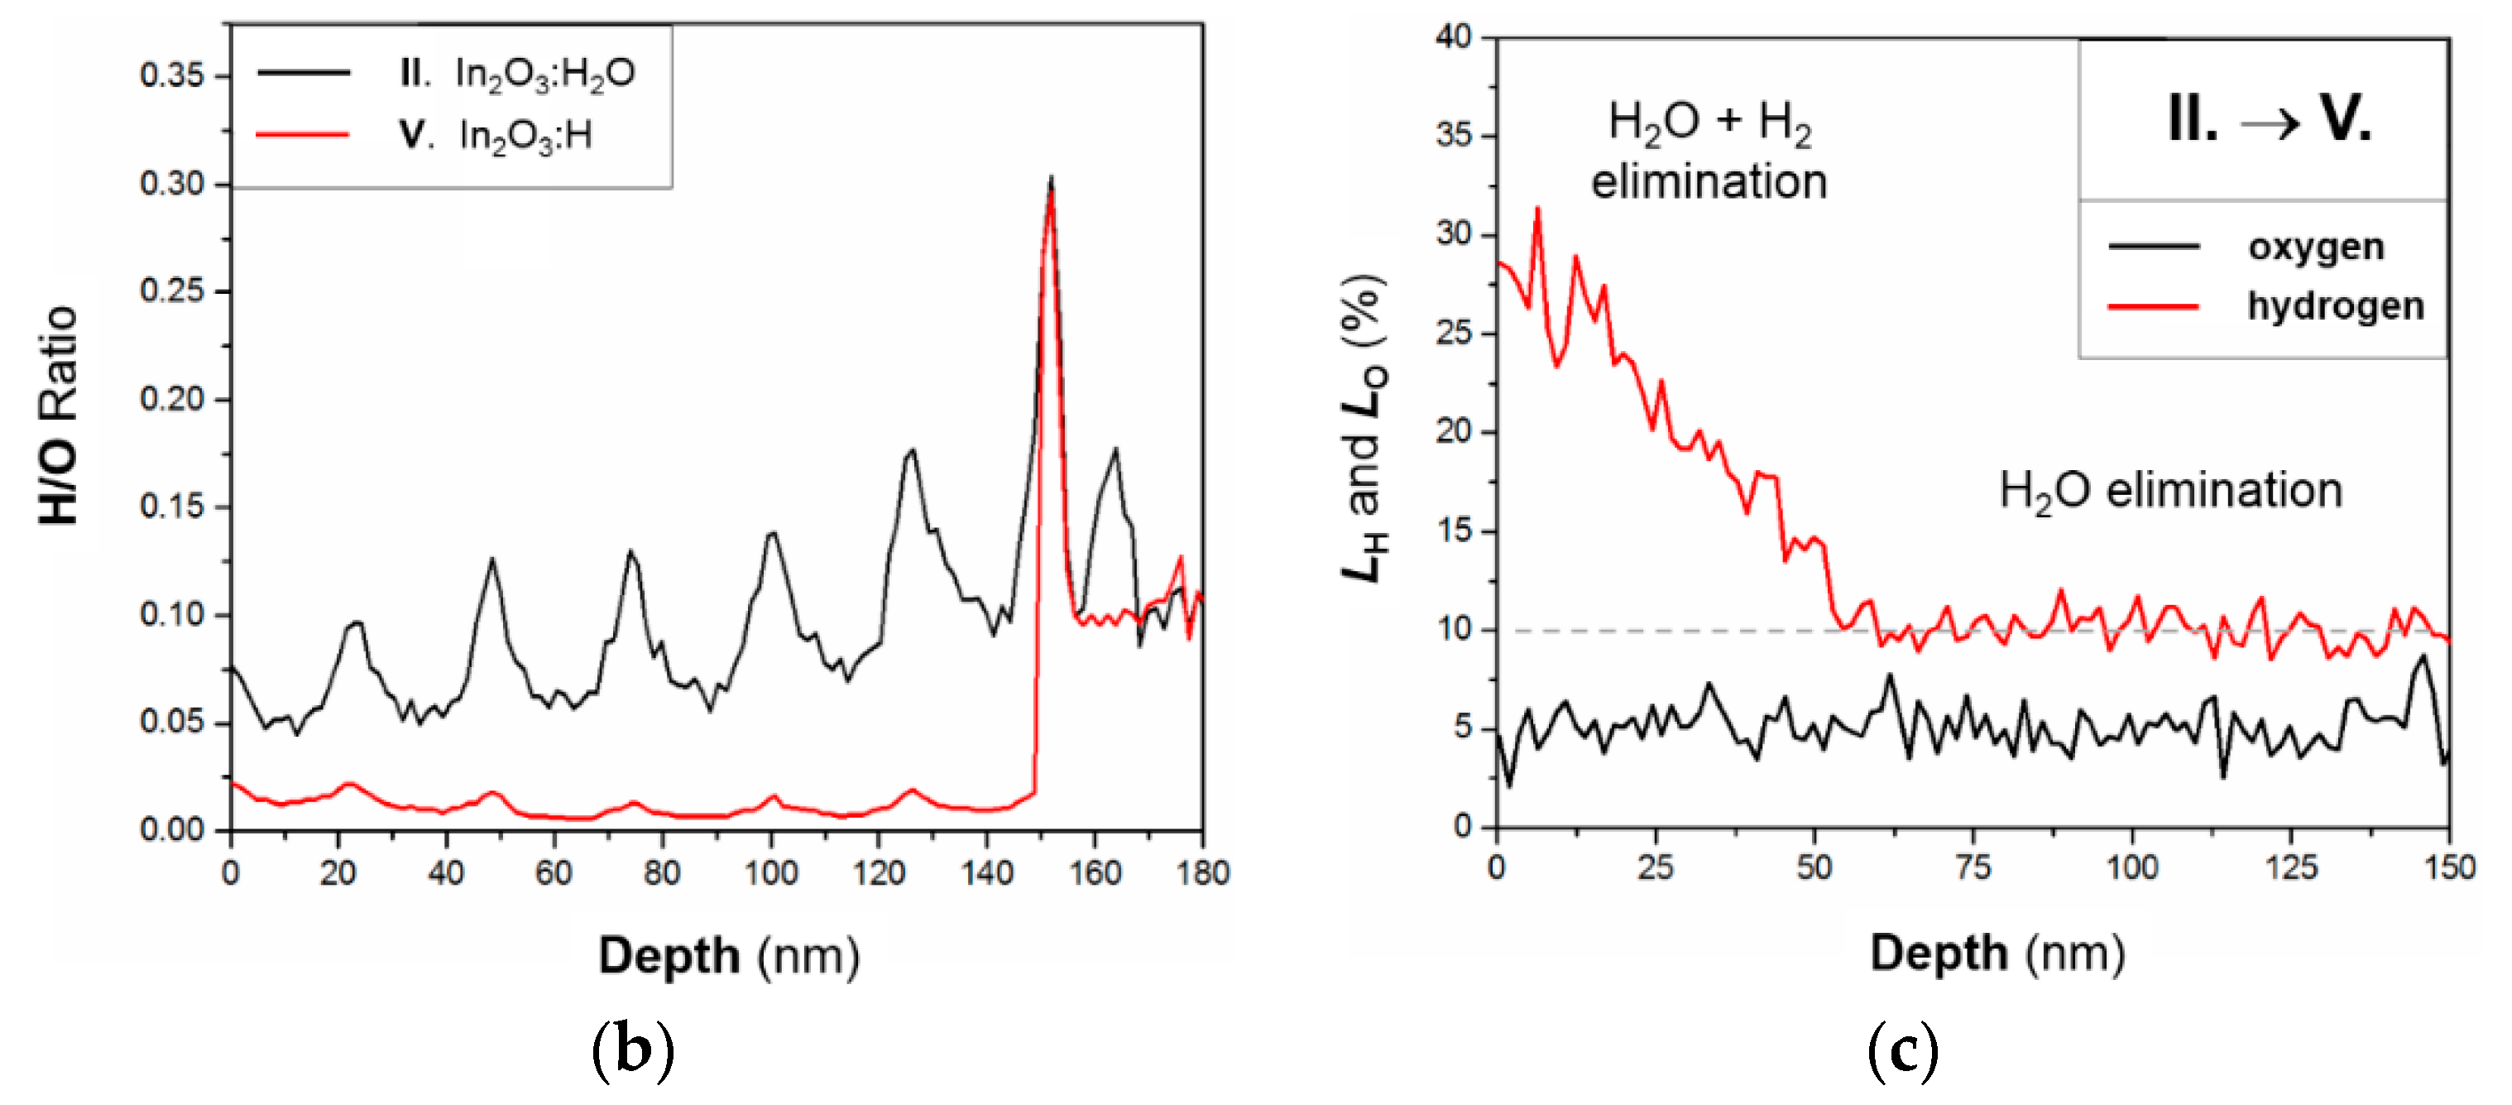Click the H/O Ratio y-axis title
click(x=59, y=416)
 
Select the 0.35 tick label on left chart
click(x=171, y=75)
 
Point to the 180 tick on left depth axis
click(x=1202, y=871)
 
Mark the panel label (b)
click(x=633, y=1050)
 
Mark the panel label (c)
click(x=1901, y=1050)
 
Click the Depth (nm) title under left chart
click(x=728, y=955)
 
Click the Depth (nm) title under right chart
click(x=1997, y=952)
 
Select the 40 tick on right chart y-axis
click(x=1453, y=37)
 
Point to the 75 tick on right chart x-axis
click(x=1973, y=866)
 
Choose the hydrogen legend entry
click(x=2336, y=305)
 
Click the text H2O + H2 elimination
click(x=1709, y=151)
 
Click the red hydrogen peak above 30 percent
click(x=1538, y=209)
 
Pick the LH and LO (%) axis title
click(x=1364, y=429)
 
